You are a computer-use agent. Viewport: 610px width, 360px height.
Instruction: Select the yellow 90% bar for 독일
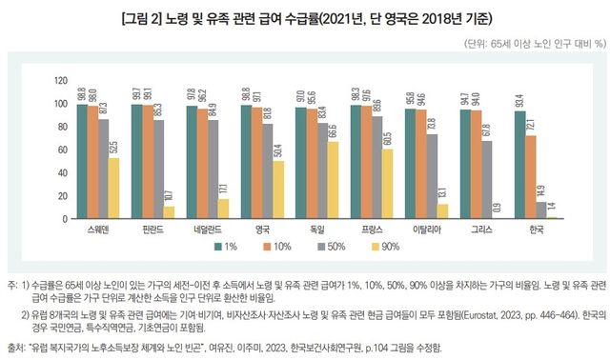(x=331, y=181)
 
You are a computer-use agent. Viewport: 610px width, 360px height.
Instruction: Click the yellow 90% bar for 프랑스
(x=387, y=185)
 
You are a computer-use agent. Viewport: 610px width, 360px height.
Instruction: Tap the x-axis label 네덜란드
(x=207, y=230)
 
